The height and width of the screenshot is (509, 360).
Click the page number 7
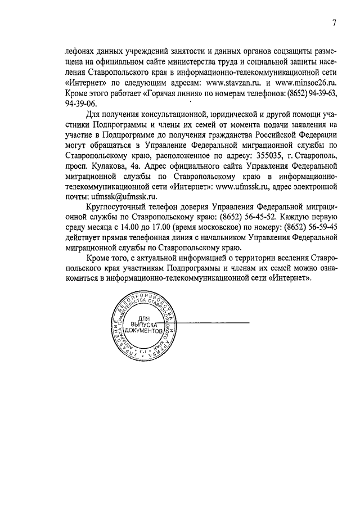pos(334,23)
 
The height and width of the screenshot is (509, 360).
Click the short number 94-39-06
pos(81,103)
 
